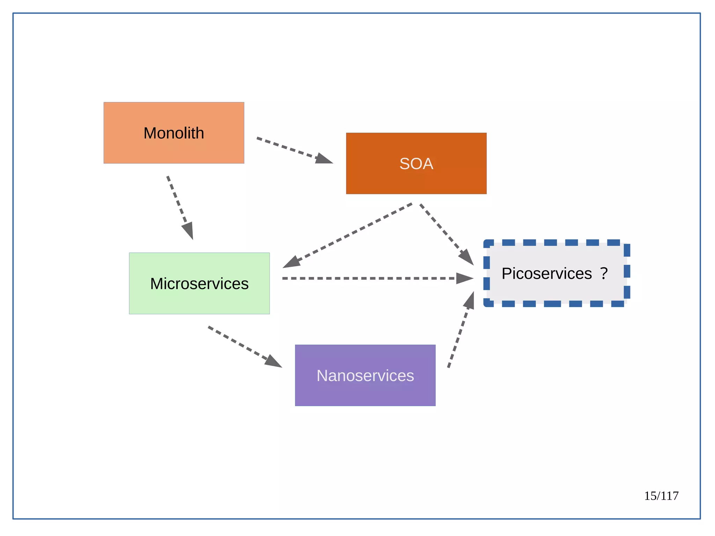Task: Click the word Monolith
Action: pos(174,133)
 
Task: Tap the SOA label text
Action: pos(416,164)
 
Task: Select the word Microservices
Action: pos(199,284)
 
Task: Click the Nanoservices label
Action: pos(365,376)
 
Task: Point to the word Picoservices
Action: pos(546,273)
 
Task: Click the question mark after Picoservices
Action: pos(604,273)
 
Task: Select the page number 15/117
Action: pos(661,496)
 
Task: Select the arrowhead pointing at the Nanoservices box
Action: pos(273,361)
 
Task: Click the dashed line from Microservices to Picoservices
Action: pos(367,278)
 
